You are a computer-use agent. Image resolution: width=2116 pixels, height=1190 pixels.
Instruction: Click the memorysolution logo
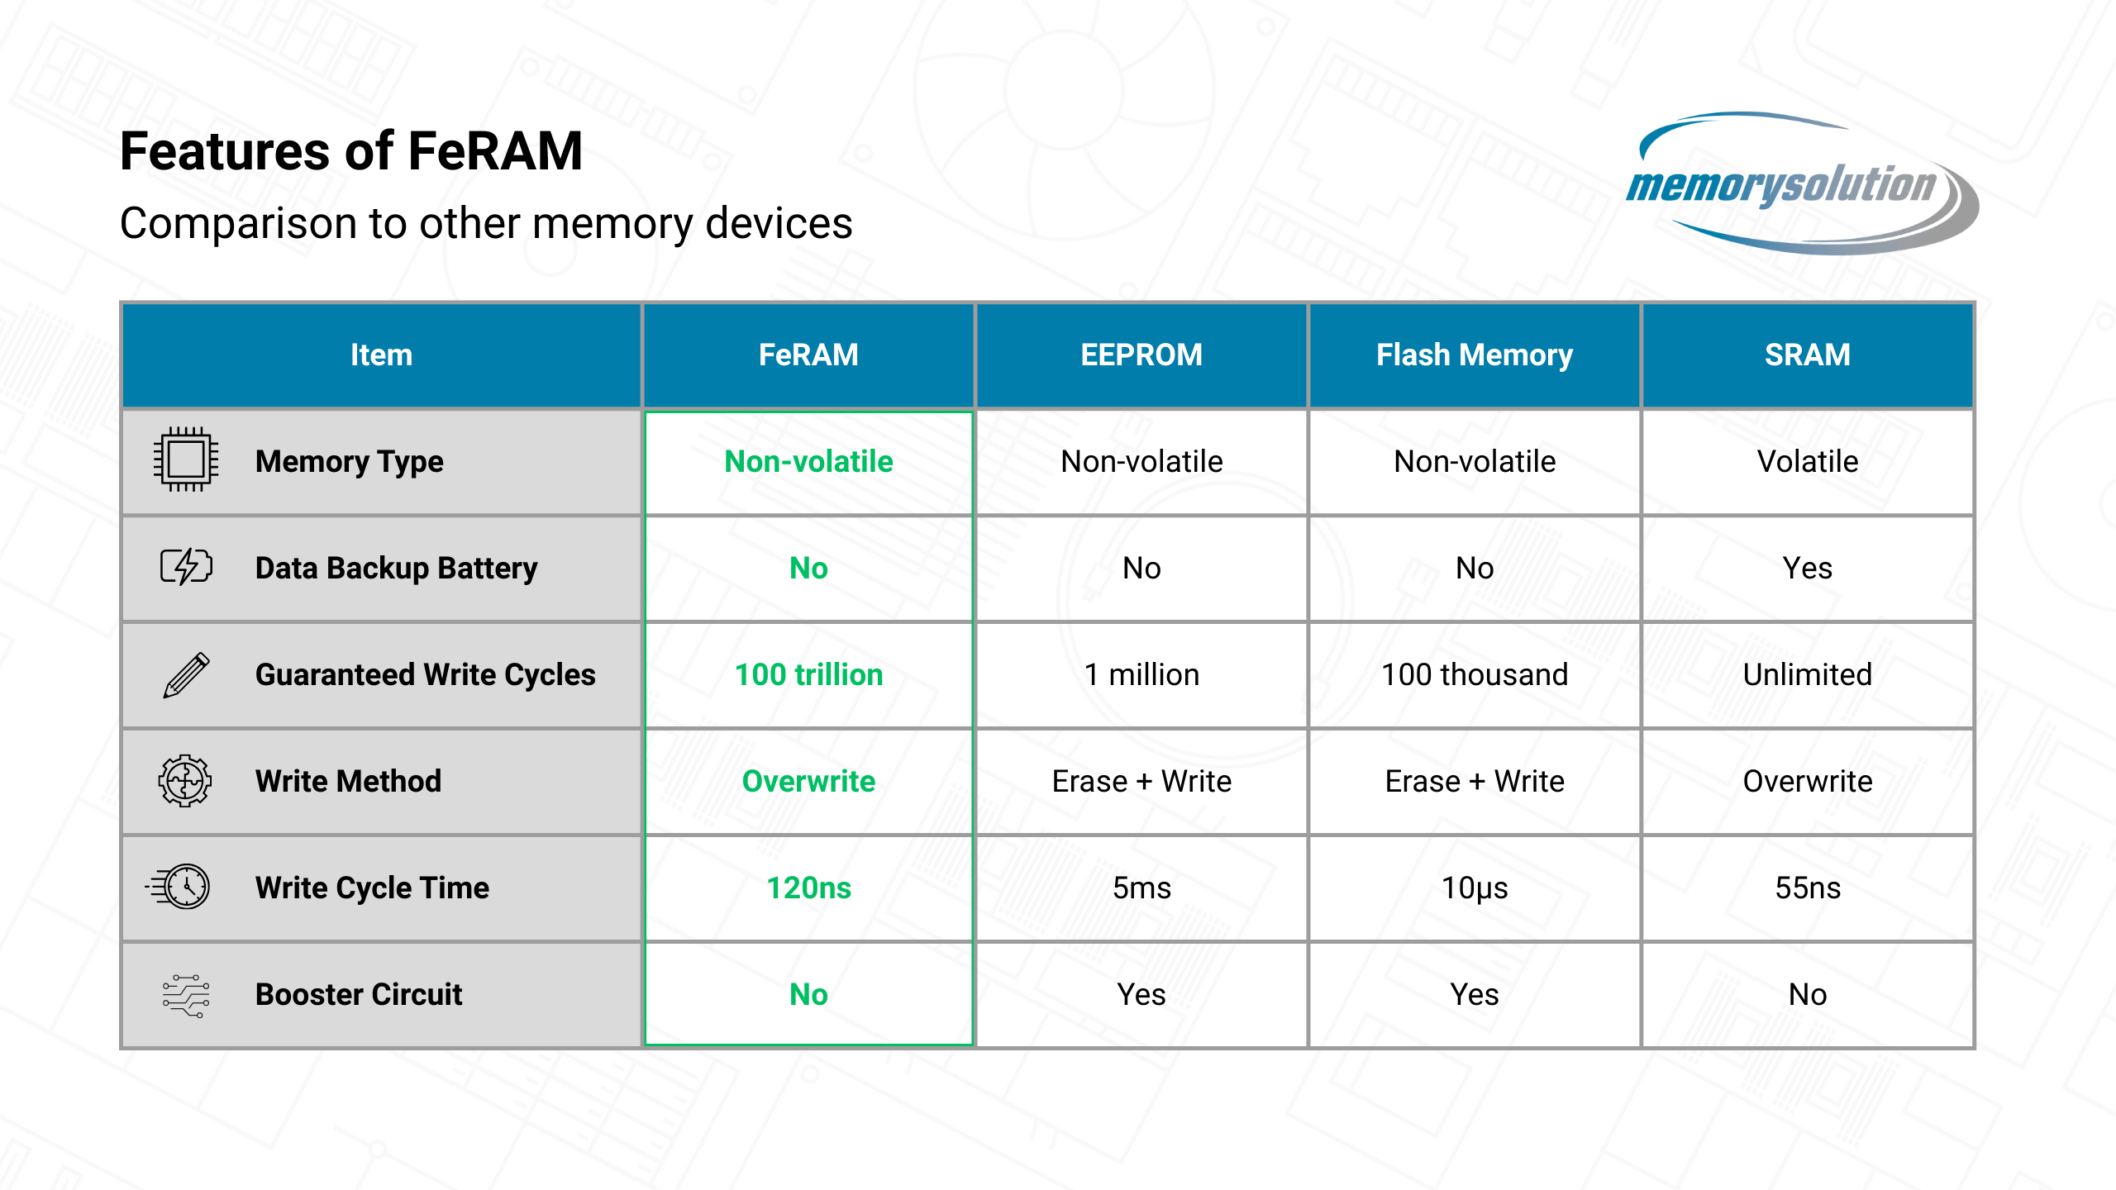click(x=1802, y=183)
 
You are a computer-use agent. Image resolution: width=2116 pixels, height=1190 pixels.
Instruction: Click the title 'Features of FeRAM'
click(x=351, y=151)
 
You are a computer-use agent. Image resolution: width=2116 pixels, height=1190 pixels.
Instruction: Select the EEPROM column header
click(x=1141, y=355)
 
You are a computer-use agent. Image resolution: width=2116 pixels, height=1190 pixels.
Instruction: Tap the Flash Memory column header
click(x=1475, y=355)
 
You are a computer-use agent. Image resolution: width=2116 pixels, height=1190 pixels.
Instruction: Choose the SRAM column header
click(x=1808, y=355)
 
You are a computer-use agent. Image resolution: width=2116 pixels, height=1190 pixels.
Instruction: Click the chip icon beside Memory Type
click(x=186, y=459)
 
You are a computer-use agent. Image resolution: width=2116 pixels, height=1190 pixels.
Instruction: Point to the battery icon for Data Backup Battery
click(x=186, y=567)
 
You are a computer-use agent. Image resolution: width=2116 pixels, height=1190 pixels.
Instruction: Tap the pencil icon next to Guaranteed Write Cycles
click(x=187, y=674)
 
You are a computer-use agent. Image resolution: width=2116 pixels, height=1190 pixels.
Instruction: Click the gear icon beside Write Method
click(x=185, y=780)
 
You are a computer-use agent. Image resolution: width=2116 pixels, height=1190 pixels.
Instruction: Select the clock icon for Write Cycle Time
click(x=179, y=887)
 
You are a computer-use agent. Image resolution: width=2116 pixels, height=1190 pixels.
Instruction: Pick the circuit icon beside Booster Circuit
click(x=186, y=994)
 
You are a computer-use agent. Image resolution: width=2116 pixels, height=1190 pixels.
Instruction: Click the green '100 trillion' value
click(x=809, y=674)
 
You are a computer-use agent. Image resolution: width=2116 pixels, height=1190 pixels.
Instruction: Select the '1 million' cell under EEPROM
click(x=1141, y=674)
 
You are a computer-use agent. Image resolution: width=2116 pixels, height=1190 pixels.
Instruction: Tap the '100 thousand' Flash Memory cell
click(x=1475, y=674)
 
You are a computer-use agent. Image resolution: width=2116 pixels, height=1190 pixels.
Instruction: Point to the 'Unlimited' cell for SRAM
click(x=1808, y=674)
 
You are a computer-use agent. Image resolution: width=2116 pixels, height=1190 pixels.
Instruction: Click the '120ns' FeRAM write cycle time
click(x=809, y=888)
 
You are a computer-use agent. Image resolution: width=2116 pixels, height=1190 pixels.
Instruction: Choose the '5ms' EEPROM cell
click(x=1141, y=888)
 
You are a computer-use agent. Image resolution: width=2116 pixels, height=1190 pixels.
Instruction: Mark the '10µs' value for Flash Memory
click(x=1475, y=888)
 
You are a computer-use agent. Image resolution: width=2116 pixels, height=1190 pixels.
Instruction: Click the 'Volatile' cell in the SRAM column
click(x=1808, y=461)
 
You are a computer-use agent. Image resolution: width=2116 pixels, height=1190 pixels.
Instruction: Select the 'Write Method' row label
click(x=348, y=781)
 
